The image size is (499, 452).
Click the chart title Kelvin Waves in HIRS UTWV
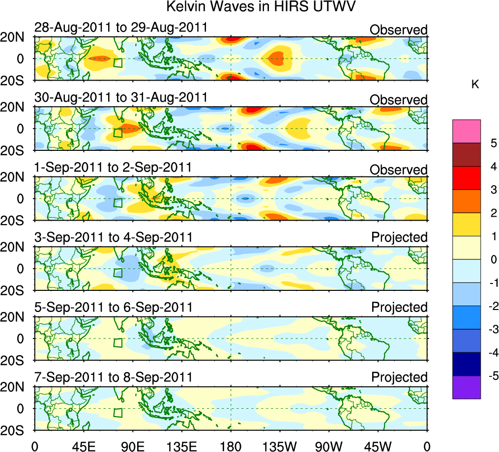[x=261, y=7]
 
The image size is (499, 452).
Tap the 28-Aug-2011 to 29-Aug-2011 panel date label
[x=121, y=28]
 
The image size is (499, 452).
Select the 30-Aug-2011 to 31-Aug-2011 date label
[x=121, y=98]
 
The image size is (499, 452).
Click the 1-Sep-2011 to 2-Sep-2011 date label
[x=113, y=168]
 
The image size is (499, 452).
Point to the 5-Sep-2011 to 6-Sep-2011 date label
[x=113, y=307]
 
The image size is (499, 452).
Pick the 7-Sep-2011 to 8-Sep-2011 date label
[x=113, y=377]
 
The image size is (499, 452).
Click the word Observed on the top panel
[x=398, y=30]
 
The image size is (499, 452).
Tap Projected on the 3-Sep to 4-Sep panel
[x=399, y=237]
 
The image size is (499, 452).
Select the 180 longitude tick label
[x=231, y=446]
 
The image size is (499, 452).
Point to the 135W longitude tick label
[x=280, y=446]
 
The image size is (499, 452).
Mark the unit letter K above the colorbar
[x=475, y=85]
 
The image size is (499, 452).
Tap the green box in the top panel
[x=117, y=62]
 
